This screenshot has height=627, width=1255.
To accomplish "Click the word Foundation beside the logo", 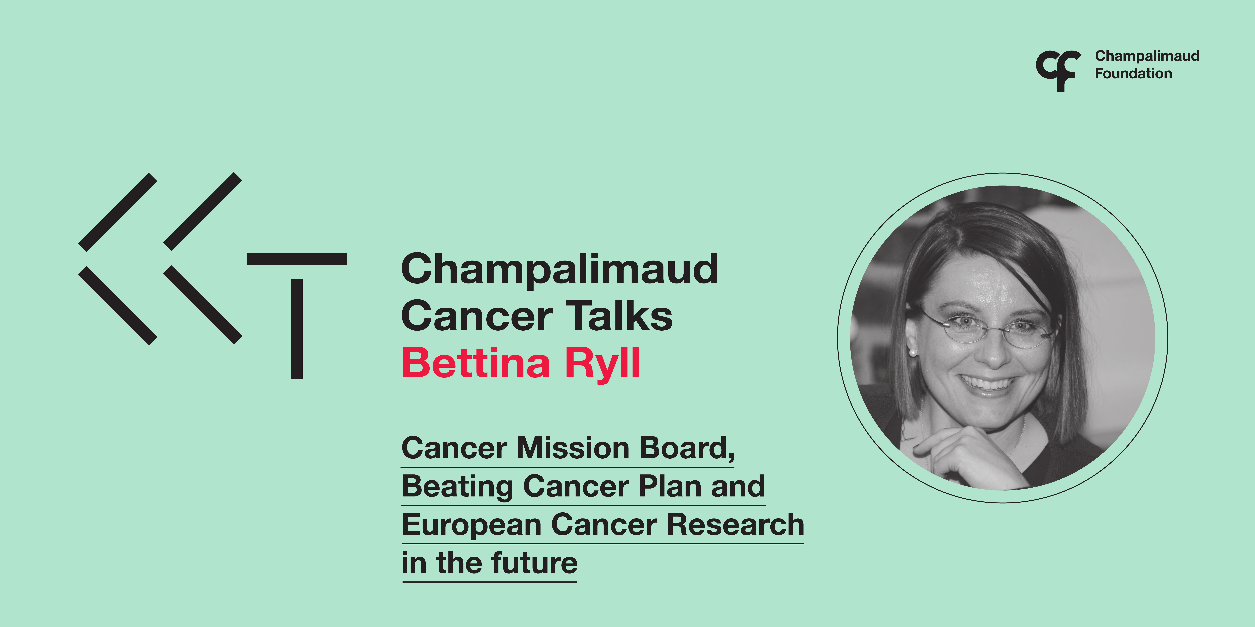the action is click(1133, 74).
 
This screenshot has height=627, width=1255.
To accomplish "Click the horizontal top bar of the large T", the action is click(297, 259).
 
